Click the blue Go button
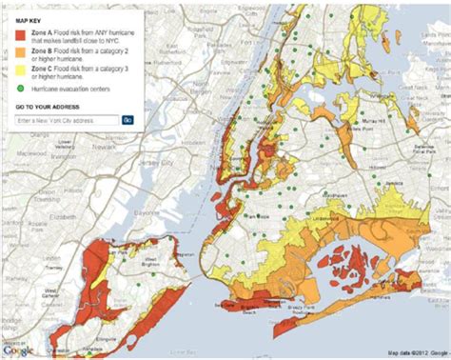[127, 120]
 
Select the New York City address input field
[67, 120]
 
